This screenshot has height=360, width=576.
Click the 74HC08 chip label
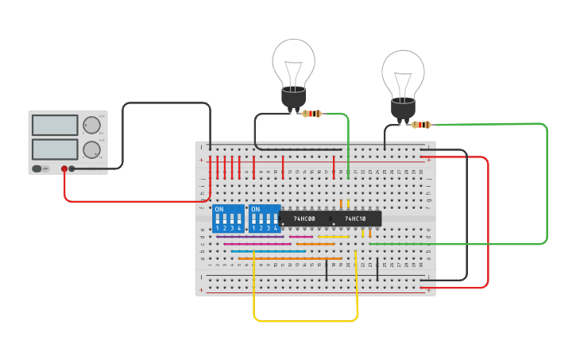click(x=304, y=219)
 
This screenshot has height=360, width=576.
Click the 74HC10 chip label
click(x=355, y=219)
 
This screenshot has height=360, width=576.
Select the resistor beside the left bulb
click(x=312, y=114)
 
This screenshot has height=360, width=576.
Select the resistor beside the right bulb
click(x=421, y=124)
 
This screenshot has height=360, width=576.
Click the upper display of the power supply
click(x=55, y=125)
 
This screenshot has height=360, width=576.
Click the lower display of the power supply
click(x=55, y=149)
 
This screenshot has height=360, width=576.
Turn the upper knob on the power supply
click(x=92, y=125)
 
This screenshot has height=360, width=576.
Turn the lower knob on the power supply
click(x=92, y=149)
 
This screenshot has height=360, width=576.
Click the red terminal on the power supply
click(x=64, y=168)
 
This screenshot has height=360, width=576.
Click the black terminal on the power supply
click(x=72, y=168)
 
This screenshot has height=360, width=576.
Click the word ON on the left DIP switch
click(x=219, y=210)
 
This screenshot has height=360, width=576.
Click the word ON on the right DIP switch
click(x=255, y=210)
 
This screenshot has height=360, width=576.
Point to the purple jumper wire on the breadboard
click(x=249, y=237)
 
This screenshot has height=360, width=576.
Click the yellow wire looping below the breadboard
click(x=306, y=321)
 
